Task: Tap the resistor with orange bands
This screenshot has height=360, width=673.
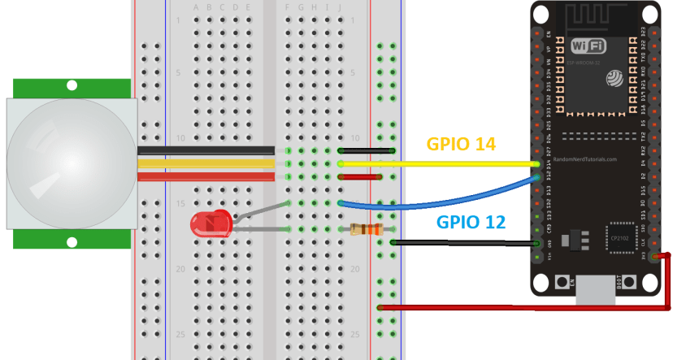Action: coord(365,229)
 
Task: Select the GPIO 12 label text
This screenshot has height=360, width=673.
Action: coord(471,222)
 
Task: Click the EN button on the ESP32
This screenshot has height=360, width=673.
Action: coord(562,282)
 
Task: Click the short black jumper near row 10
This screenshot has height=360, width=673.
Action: coord(366,150)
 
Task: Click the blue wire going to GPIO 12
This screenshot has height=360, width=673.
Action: coord(439,203)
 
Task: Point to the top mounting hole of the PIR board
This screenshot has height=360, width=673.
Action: coord(72,85)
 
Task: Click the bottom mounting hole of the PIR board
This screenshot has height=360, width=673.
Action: coord(72,241)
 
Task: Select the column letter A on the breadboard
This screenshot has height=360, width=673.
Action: coord(196,8)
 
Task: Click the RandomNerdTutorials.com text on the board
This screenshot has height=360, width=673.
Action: coord(586,159)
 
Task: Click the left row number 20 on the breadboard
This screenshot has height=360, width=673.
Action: coord(181,268)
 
